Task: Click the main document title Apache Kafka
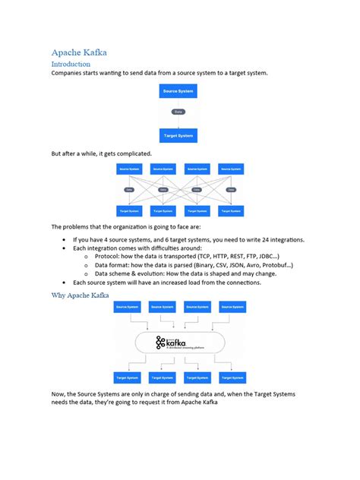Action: click(x=79, y=52)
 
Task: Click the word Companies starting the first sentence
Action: click(x=69, y=74)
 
